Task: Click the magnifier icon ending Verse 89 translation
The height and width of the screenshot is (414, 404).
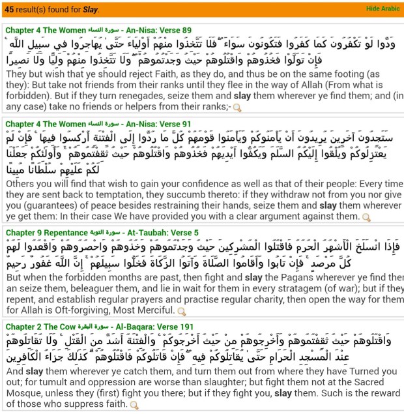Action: coord(237,108)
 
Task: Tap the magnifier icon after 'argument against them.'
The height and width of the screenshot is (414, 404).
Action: coord(367,217)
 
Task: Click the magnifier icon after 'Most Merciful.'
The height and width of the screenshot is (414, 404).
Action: coord(182,312)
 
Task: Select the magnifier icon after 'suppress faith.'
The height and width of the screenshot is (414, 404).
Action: coord(135,405)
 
